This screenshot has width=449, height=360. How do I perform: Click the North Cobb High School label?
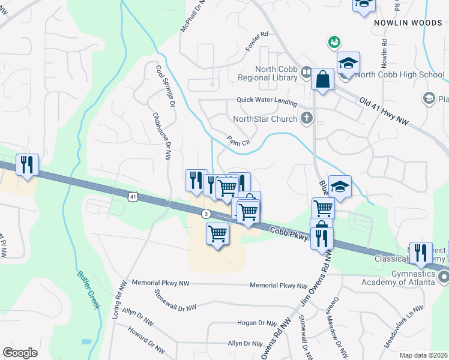[399, 75]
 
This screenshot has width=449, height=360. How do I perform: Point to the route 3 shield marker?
[206, 214]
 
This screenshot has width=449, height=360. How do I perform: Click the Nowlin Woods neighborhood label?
[408, 22]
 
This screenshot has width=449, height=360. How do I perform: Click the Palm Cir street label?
[238, 145]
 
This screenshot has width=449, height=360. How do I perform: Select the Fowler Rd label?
[256, 41]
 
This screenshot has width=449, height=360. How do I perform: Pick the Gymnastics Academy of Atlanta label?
[397, 277]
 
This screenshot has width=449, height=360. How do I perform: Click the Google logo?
[20, 352]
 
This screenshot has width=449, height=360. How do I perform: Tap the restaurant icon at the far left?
[27, 164]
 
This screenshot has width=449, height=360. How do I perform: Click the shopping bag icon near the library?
[322, 79]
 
